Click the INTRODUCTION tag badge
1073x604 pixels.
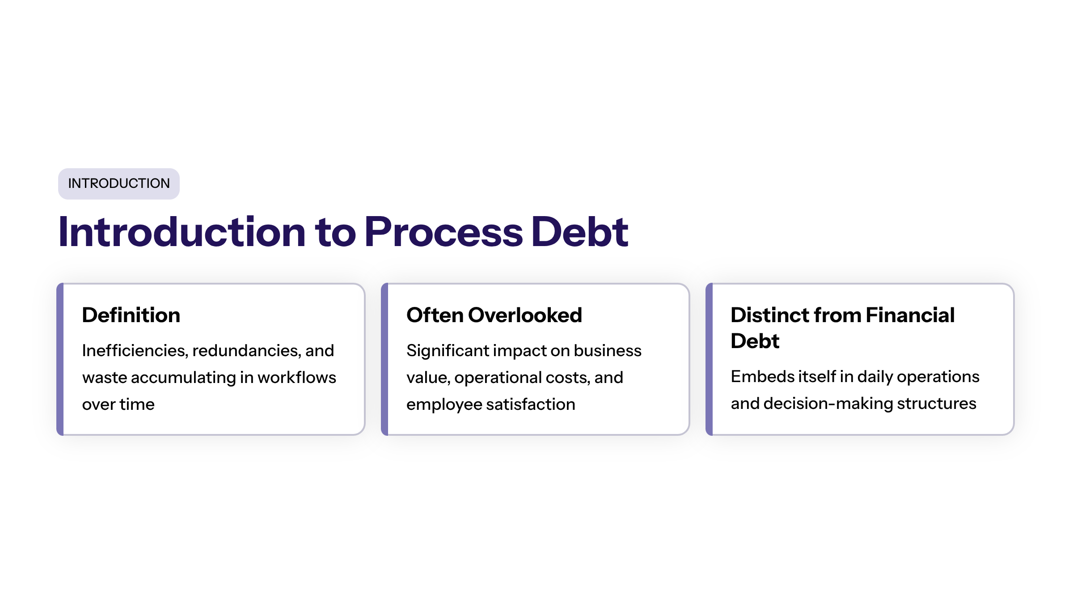click(119, 183)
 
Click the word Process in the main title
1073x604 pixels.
click(444, 232)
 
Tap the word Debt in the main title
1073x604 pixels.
click(579, 232)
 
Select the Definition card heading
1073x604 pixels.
click(131, 315)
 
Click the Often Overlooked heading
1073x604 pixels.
click(494, 315)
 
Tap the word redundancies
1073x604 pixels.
click(246, 351)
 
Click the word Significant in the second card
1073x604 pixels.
click(448, 351)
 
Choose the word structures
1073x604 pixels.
click(937, 404)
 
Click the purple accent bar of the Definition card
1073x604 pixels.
click(60, 359)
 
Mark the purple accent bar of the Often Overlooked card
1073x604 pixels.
click(384, 359)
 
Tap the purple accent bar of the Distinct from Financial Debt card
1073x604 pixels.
click(709, 359)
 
